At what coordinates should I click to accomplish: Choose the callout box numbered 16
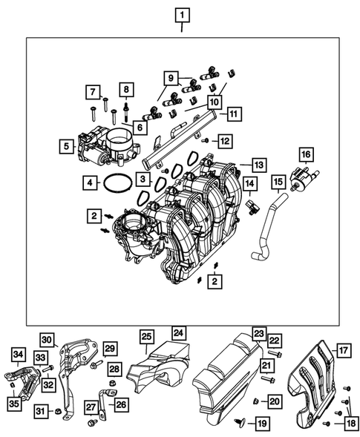coord(305,154)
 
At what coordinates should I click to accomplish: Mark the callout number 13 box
coord(258,164)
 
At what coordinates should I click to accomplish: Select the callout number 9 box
coord(170,77)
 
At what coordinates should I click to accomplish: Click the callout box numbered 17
coord(343,349)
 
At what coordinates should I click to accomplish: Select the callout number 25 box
coord(146,338)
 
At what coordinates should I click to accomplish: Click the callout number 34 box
coord(19,355)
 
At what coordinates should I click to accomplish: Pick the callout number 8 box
coord(126,91)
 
